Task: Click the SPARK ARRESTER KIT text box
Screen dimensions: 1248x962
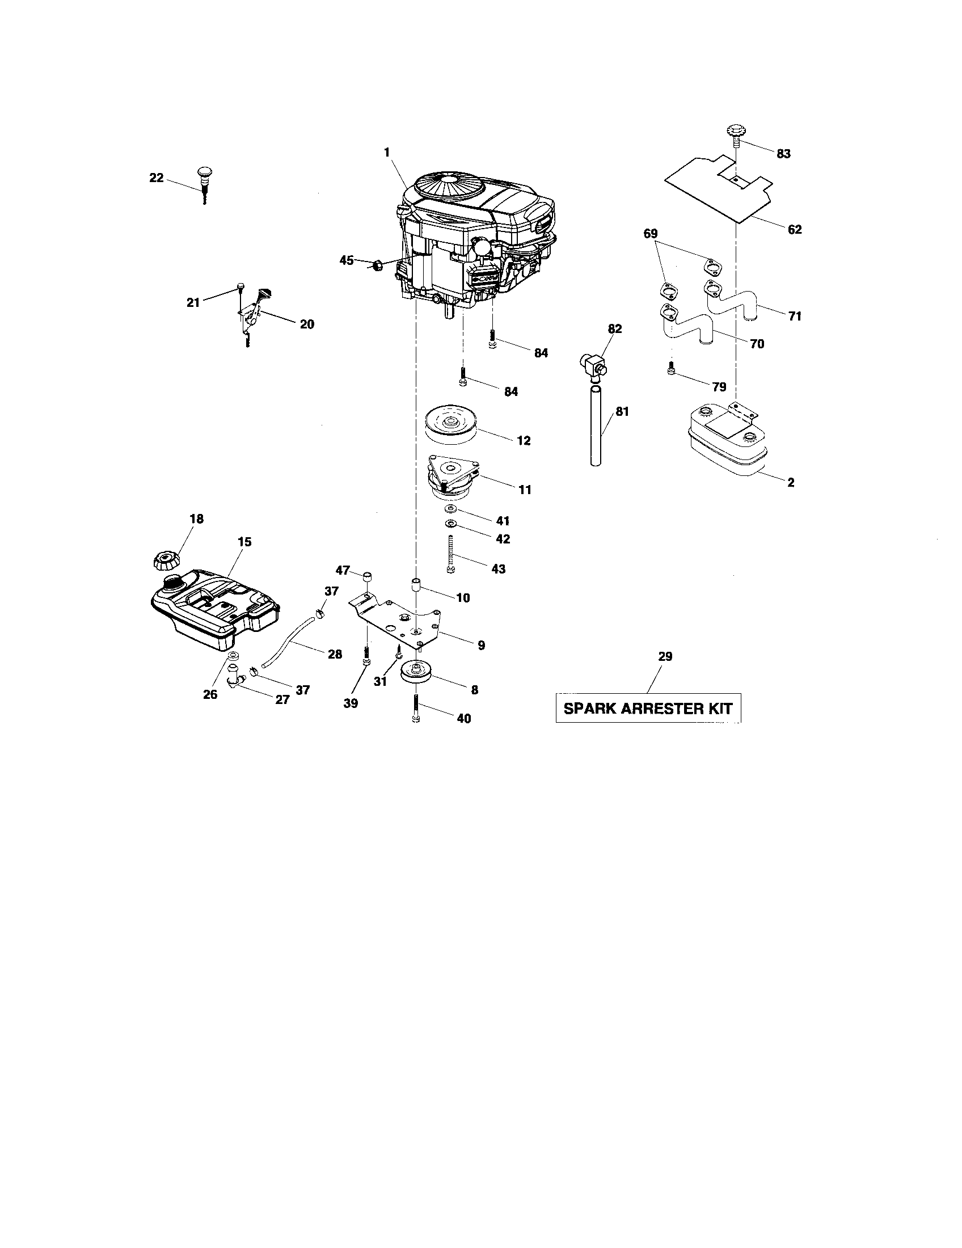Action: pyautogui.click(x=648, y=709)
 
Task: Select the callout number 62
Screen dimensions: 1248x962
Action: pyautogui.click(x=794, y=230)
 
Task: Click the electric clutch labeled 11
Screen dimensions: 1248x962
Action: pyautogui.click(x=453, y=475)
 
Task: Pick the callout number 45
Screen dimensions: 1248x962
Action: pyautogui.click(x=346, y=260)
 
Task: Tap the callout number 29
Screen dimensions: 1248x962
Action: pyautogui.click(x=665, y=656)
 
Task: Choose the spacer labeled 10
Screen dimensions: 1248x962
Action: pyautogui.click(x=416, y=586)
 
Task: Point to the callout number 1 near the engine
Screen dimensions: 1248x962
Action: pyautogui.click(x=387, y=153)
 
